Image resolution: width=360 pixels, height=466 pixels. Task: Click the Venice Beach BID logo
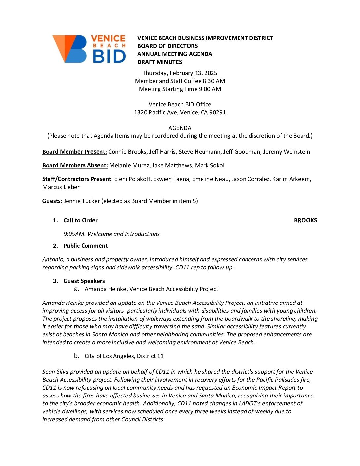(89, 49)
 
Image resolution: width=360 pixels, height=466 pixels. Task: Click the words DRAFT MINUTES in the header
(159, 62)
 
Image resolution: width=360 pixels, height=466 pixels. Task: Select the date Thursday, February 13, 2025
(180, 73)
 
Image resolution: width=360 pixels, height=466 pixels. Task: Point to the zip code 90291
(218, 112)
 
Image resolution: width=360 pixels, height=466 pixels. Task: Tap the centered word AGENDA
(180, 128)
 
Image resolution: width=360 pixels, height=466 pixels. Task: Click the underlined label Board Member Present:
(74, 152)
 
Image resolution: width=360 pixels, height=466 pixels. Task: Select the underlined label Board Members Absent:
(75, 165)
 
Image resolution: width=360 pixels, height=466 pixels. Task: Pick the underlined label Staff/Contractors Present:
(77, 179)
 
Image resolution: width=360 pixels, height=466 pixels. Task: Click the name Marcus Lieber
(61, 187)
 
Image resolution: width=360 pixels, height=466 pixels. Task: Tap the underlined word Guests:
(52, 201)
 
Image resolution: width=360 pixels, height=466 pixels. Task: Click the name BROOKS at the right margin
(305, 220)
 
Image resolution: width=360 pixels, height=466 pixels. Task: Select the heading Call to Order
(80, 220)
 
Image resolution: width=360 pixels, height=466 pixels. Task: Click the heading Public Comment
(85, 246)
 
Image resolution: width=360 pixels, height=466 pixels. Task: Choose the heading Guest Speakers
(84, 281)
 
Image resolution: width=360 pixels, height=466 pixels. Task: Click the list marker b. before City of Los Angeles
(77, 356)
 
